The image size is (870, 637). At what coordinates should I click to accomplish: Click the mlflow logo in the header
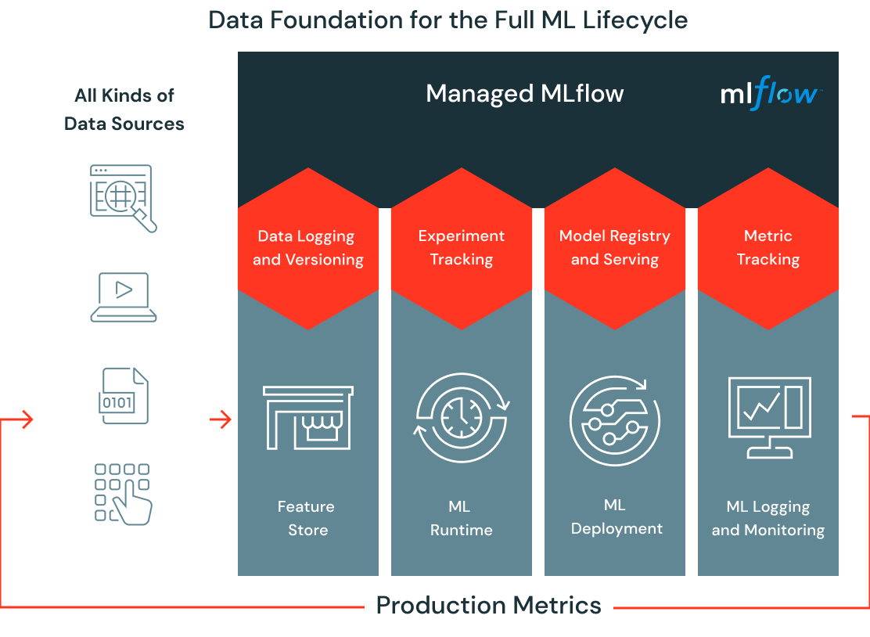[x=770, y=95]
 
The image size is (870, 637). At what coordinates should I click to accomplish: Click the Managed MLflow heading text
[x=524, y=94]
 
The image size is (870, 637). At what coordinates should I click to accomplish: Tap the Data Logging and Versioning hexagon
[x=308, y=248]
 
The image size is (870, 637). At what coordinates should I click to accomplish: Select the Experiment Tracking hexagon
[x=462, y=248]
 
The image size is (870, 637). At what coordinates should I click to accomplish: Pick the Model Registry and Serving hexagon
[x=615, y=248]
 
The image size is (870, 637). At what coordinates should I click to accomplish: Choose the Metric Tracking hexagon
[x=768, y=248]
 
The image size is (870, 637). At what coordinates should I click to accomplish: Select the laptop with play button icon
[x=124, y=297]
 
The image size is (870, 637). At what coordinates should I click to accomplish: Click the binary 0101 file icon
[x=124, y=396]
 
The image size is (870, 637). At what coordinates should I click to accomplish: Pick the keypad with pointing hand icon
[x=124, y=493]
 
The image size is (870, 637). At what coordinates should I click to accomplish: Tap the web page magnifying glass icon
[x=124, y=197]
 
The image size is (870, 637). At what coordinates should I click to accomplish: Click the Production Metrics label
[x=488, y=605]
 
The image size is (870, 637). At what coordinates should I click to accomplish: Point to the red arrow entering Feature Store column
[x=221, y=420]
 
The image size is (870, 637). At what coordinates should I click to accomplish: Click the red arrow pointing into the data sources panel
[x=24, y=420]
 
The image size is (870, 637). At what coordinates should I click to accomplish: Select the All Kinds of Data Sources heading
[x=124, y=110]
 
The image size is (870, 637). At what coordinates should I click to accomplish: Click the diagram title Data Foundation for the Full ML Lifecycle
[x=448, y=19]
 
